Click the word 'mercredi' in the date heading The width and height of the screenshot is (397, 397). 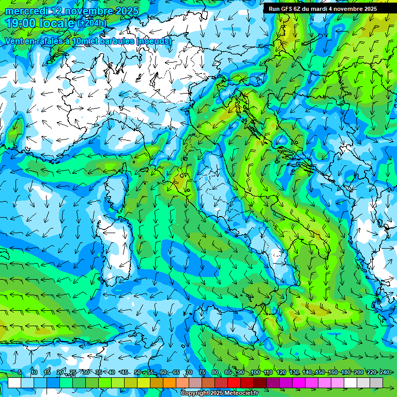click(x=26, y=11)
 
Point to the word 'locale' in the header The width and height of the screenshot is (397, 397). click(x=59, y=23)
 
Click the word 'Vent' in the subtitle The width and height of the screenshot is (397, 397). click(x=14, y=41)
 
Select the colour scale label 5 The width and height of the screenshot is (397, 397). click(x=20, y=373)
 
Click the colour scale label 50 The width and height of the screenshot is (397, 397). click(x=137, y=373)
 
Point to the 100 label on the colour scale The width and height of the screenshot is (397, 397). click(x=255, y=373)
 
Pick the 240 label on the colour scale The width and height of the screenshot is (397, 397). click(x=384, y=373)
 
